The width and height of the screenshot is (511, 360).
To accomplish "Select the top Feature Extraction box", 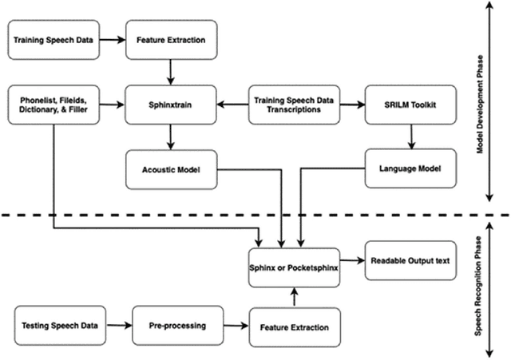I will point(171,39).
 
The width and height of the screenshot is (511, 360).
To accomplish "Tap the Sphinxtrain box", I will point(171,103).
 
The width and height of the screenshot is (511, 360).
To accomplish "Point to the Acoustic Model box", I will point(171,168).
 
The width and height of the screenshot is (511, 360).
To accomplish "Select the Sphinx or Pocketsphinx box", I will point(294,268).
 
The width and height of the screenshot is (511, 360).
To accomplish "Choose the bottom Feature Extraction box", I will point(294,328).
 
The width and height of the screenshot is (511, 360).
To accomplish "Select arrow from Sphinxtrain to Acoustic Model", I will point(171,136).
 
